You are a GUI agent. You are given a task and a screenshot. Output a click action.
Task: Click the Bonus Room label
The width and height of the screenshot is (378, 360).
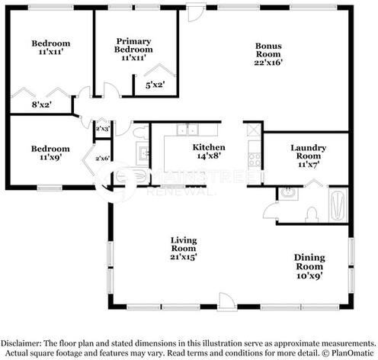coord(268,50)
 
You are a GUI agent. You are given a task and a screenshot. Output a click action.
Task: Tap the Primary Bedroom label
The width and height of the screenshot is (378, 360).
coord(133,45)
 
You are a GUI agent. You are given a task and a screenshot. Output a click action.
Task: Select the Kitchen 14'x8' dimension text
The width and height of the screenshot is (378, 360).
coord(209,156)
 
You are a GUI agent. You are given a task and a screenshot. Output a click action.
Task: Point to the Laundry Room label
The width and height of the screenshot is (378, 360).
coord(309,152)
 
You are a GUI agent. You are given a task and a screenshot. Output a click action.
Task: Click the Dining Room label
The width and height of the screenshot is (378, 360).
coord(309,262)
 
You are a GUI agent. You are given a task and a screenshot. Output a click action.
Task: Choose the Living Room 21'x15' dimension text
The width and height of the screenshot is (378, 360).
coord(184,257)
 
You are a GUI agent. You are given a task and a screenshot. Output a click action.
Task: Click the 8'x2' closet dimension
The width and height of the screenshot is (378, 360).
coord(42,104)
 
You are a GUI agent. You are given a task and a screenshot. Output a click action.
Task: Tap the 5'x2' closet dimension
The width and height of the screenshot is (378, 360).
coord(155,85)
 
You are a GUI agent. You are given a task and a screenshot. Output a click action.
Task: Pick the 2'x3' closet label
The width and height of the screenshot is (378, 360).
coord(102,129)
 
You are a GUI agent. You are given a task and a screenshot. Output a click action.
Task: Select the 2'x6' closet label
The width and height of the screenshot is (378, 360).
coord(102,159)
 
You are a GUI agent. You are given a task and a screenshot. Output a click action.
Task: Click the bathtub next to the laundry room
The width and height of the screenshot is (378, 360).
coord(338,205)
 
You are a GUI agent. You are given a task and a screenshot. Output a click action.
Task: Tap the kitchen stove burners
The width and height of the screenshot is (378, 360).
coord(255,159)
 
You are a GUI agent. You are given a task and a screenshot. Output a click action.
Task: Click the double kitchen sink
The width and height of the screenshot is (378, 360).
coord(187,130)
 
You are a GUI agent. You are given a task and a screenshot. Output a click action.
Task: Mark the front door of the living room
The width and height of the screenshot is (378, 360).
coord(227,302)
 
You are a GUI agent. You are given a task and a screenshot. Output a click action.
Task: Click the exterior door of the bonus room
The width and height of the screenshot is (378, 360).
coord(197,13)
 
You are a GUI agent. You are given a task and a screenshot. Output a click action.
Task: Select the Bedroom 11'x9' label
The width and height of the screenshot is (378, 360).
coord(50,153)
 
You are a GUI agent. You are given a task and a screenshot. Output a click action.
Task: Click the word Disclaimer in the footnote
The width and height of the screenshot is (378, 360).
coord(21,343)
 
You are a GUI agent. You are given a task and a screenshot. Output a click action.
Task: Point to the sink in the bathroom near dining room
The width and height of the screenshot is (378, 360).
coord(288,194)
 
